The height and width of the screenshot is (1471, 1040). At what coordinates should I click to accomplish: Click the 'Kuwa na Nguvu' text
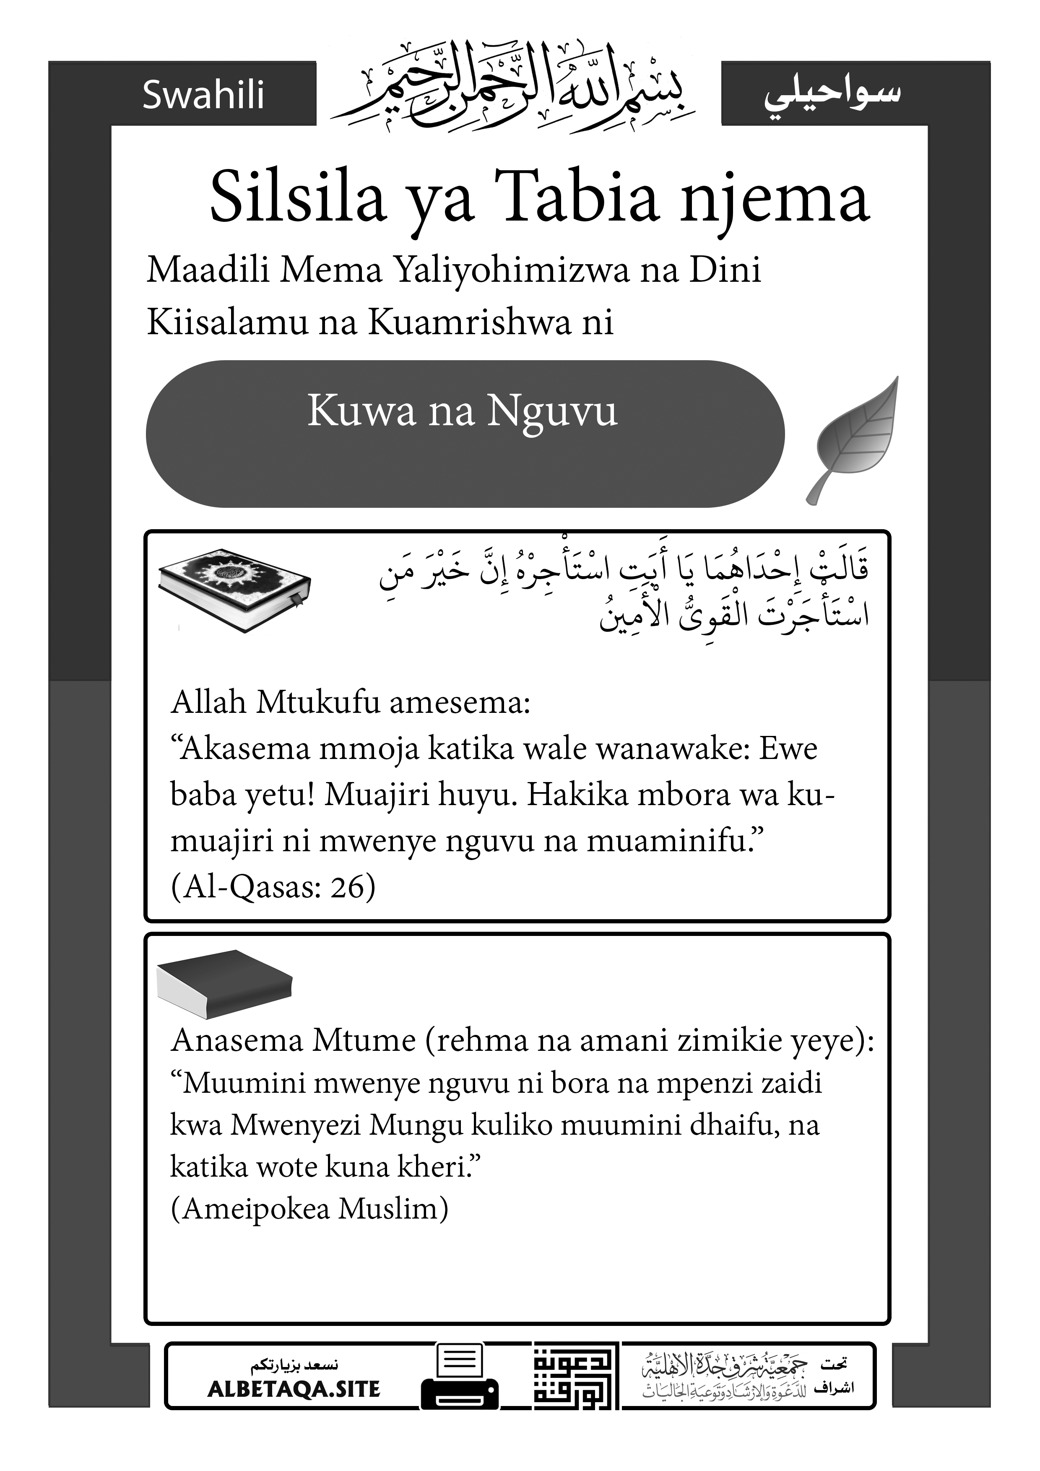click(x=462, y=411)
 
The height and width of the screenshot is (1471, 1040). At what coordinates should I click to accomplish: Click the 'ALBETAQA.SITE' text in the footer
click(x=294, y=1389)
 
